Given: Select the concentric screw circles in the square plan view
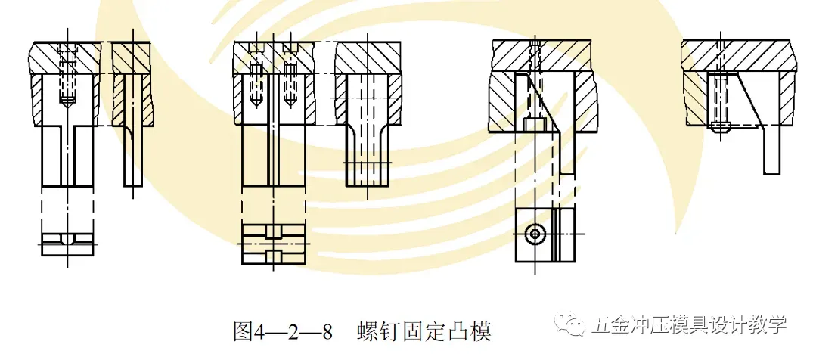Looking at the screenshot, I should (x=535, y=234).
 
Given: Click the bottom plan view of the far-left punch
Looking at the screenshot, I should (x=67, y=241).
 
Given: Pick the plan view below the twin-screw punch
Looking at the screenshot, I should (x=274, y=244).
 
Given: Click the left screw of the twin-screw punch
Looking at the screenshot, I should (x=256, y=87).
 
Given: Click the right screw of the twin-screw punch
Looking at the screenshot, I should (x=289, y=87).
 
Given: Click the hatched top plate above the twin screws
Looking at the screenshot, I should (x=272, y=54).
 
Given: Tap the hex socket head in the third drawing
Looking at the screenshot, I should (x=534, y=123).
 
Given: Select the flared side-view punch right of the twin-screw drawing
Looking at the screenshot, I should (x=367, y=140).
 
